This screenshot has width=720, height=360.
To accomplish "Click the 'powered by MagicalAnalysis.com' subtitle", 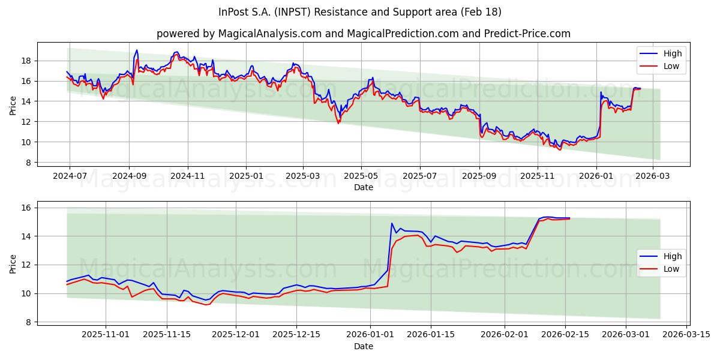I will (364, 34).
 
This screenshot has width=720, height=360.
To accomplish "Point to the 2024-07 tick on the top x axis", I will (70, 176).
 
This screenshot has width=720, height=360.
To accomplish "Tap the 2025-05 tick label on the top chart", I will (361, 176).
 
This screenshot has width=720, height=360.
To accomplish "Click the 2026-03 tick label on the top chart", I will (653, 176).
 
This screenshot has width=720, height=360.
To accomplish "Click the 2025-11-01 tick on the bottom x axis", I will (106, 335).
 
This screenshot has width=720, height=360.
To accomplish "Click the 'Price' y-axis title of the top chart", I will (13, 106).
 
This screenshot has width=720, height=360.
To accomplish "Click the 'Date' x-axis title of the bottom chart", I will (364, 346).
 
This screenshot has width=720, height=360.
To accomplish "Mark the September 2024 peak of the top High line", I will (136, 50).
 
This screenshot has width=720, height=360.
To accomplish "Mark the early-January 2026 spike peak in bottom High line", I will (392, 223).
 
